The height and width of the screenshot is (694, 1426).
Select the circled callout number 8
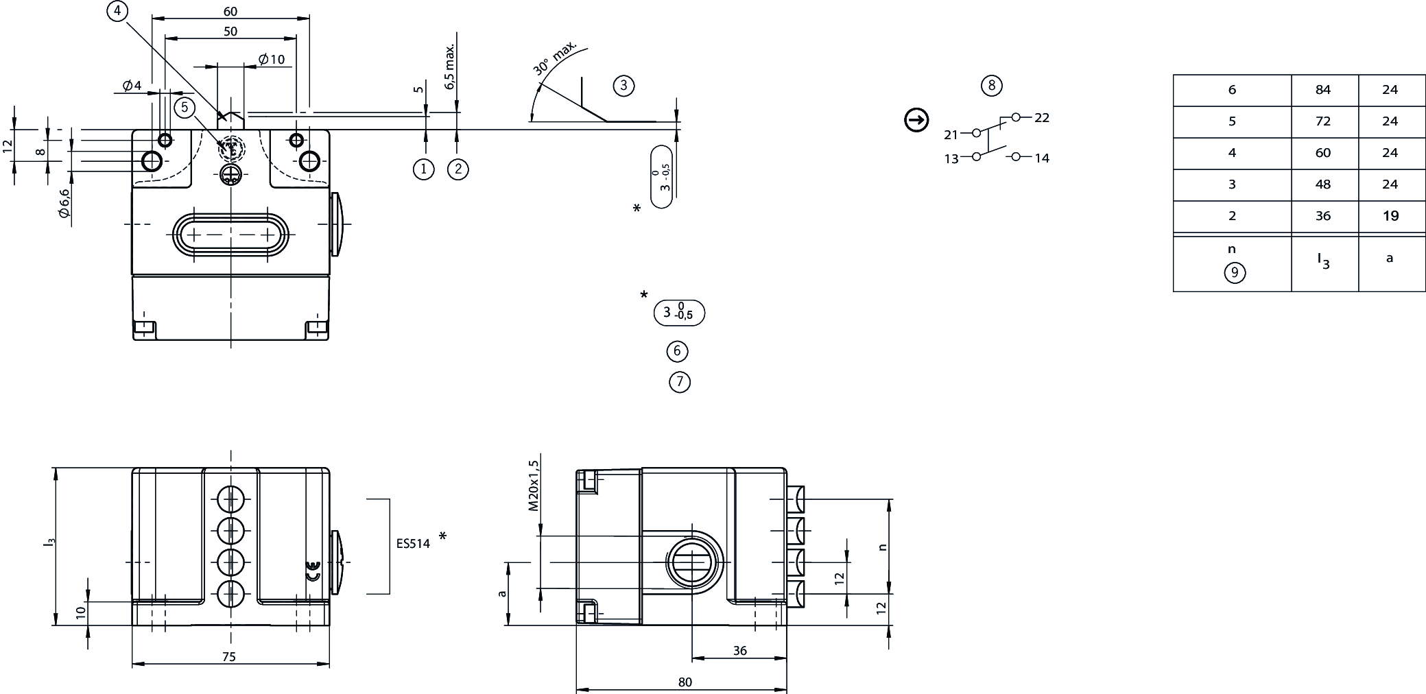pyautogui.click(x=991, y=86)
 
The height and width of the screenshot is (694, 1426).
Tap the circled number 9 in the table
pyautogui.click(x=1234, y=273)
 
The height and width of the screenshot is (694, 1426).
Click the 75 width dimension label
pyautogui.click(x=229, y=657)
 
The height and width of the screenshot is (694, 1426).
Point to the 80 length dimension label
pyautogui.click(x=685, y=682)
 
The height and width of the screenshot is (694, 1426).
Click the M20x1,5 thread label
pyautogui.click(x=534, y=486)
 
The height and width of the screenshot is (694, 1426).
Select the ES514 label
pyautogui.click(x=413, y=544)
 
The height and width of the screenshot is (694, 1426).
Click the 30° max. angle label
pyautogui.click(x=555, y=57)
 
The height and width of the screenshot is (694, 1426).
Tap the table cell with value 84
pyautogui.click(x=1323, y=90)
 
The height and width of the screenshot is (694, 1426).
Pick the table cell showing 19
pyautogui.click(x=1390, y=216)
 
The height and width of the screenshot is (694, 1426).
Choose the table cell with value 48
pyautogui.click(x=1323, y=184)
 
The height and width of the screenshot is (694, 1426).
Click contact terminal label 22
pyautogui.click(x=1042, y=118)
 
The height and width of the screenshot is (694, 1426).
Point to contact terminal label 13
pyautogui.click(x=951, y=159)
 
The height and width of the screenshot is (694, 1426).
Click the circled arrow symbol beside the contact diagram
pyautogui.click(x=916, y=120)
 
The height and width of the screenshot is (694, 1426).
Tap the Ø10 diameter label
pyautogui.click(x=272, y=60)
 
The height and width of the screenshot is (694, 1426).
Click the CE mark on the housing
pyautogui.click(x=313, y=571)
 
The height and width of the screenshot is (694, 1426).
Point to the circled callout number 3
pyautogui.click(x=623, y=86)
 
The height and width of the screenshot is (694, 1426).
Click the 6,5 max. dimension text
pyautogui.click(x=450, y=67)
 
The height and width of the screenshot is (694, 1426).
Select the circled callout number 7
pyautogui.click(x=679, y=382)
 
